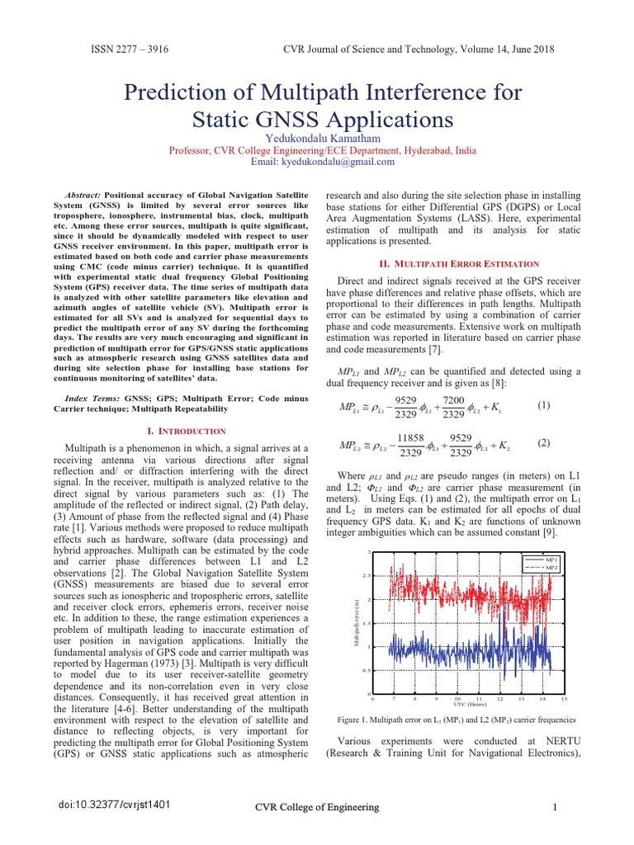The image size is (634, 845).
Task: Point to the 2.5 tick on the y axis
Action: [367, 575]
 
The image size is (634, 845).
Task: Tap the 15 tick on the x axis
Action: [564, 698]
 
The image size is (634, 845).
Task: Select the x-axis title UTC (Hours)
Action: [470, 704]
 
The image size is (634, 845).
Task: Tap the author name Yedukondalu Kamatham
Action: [316, 139]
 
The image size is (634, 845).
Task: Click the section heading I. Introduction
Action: [185, 431]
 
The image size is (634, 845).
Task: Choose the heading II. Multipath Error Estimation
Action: [458, 263]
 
